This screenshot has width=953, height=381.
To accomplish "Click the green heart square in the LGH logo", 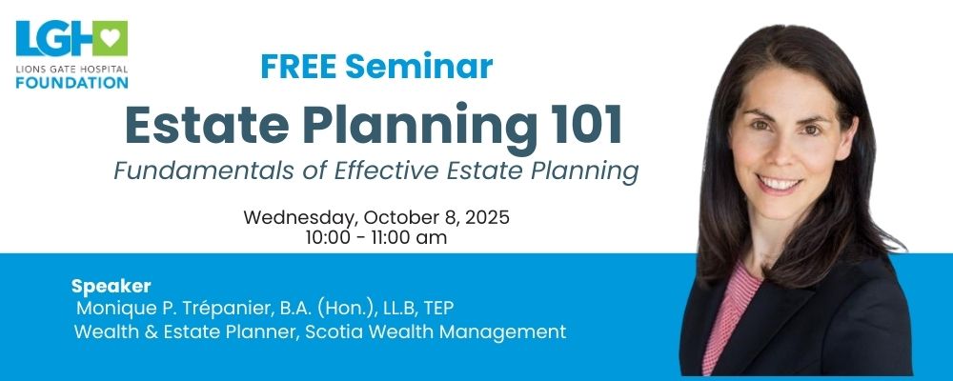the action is point(110,38).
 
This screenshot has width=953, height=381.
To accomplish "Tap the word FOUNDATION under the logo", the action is point(71,82).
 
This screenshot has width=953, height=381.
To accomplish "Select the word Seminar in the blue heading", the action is point(418,67).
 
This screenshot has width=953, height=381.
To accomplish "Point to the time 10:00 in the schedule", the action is point(328,237).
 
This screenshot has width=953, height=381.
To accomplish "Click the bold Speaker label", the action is point(111,286).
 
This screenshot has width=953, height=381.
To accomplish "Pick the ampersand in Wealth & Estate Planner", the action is point(143,332).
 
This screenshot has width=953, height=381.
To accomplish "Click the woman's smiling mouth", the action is point(780,184).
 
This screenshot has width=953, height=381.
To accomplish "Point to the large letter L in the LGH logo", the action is point(28,38).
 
